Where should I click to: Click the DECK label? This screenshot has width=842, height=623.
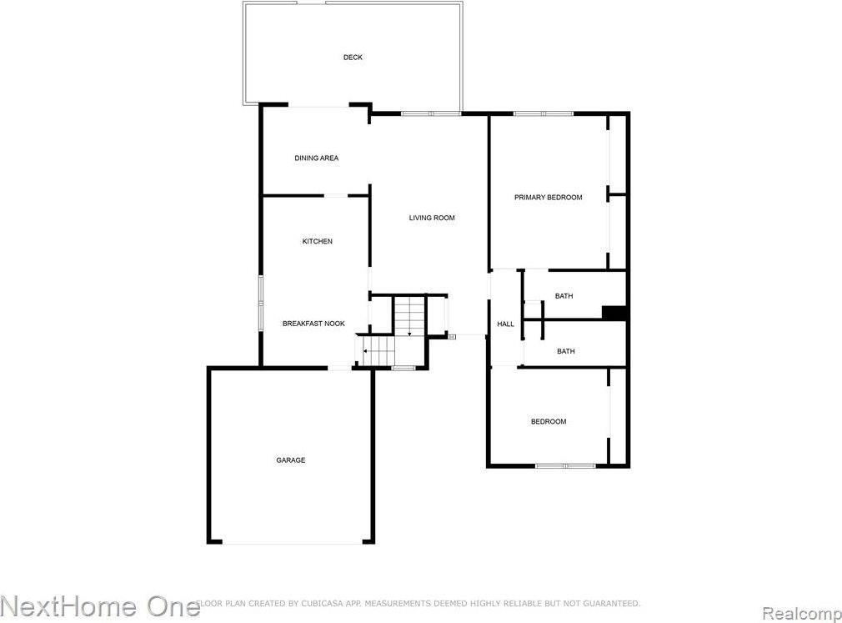pyautogui.click(x=353, y=58)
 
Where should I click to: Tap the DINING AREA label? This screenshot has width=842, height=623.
pyautogui.click(x=317, y=158)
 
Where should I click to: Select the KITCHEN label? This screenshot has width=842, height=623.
pyautogui.click(x=317, y=242)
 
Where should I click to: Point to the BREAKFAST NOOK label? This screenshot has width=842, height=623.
pyautogui.click(x=313, y=324)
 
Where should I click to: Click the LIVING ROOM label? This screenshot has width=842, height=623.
pyautogui.click(x=432, y=219)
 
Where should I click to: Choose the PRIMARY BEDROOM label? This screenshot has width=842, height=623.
pyautogui.click(x=548, y=198)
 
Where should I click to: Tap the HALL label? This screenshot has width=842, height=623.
pyautogui.click(x=506, y=324)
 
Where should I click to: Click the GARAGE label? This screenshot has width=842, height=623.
pyautogui.click(x=291, y=460)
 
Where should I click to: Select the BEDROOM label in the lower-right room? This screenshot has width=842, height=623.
pyautogui.click(x=549, y=422)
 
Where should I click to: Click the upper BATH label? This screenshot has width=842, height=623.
pyautogui.click(x=564, y=296)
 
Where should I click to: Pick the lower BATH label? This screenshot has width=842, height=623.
pyautogui.click(x=566, y=352)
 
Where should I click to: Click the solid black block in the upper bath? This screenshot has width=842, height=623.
pyautogui.click(x=614, y=313)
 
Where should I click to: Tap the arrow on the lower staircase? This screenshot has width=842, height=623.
pyautogui.click(x=364, y=351)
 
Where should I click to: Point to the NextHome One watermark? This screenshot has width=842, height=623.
pyautogui.click(x=100, y=605)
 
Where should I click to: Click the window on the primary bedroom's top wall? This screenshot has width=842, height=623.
pyautogui.click(x=543, y=113)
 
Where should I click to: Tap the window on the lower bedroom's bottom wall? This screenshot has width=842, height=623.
pyautogui.click(x=564, y=465)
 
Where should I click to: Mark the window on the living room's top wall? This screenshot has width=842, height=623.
pyautogui.click(x=430, y=113)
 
